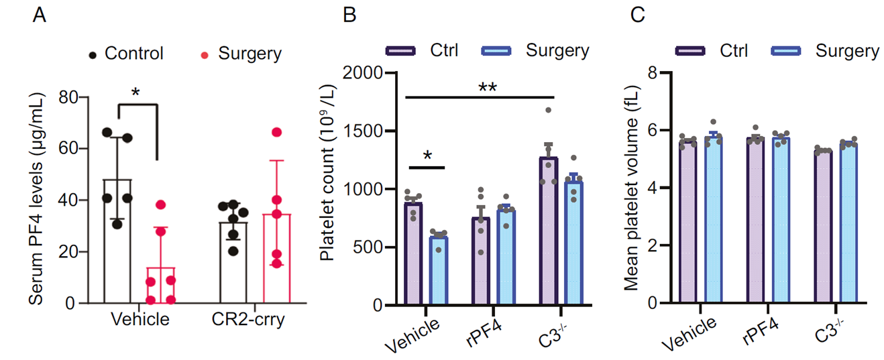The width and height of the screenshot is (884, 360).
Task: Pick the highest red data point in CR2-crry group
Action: tap(276, 132)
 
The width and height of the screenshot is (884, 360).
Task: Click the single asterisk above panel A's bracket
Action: tap(136, 92)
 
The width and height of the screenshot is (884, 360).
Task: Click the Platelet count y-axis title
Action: tap(327, 190)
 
